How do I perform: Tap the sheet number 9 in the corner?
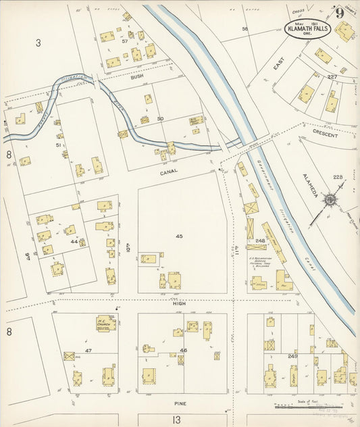pos(337,13)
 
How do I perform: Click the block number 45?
pos(179,236)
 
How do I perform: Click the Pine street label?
pos(180,403)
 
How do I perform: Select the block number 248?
pos(260,240)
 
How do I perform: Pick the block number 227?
pos(332,77)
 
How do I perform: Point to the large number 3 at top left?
pos(38,43)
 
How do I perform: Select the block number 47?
pos(88,351)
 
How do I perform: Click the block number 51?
pos(58,145)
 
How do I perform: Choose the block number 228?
pos(337,177)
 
